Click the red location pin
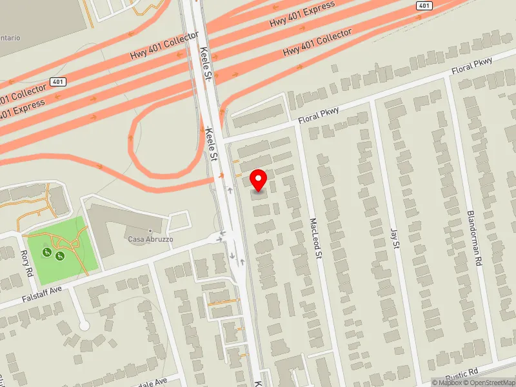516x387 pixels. point(259,180)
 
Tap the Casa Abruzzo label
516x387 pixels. point(149,239)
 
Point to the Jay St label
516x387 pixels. point(394,236)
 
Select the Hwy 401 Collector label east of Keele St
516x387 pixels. point(319,41)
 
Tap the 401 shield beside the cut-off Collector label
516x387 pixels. point(57,83)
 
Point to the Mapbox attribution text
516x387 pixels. point(448,382)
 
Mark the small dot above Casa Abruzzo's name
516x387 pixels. point(150,230)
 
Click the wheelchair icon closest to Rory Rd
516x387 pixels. point(47,251)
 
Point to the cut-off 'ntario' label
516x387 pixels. point(10,38)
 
